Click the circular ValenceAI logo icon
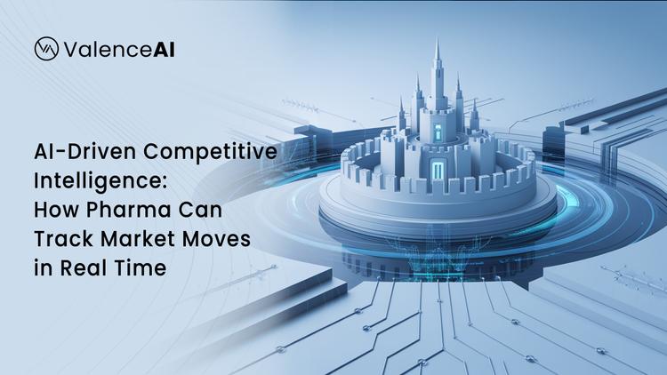(46, 49)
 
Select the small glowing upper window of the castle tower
(438, 131)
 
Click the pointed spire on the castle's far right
(475, 105)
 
